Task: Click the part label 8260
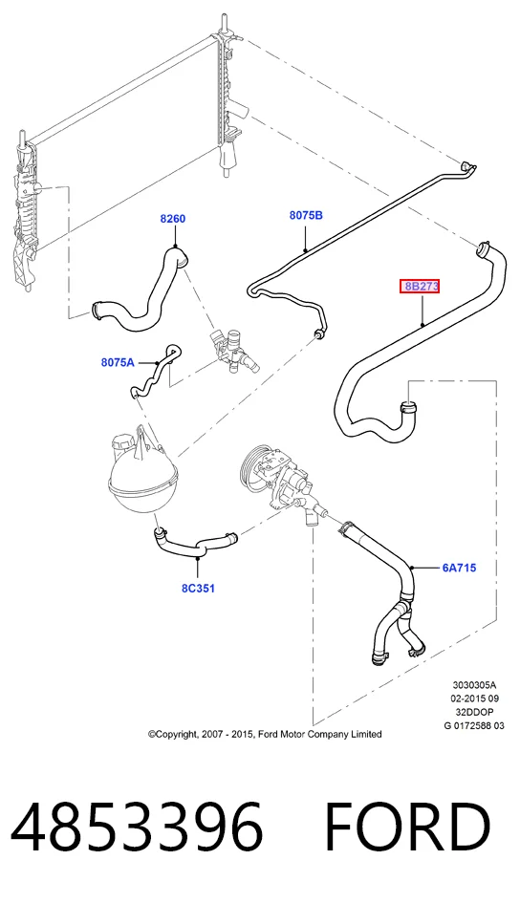tap(173, 219)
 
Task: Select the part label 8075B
tap(306, 215)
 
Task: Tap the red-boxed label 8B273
tap(420, 287)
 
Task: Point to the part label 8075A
tap(118, 362)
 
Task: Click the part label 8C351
tap(198, 588)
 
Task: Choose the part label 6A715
tap(459, 568)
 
